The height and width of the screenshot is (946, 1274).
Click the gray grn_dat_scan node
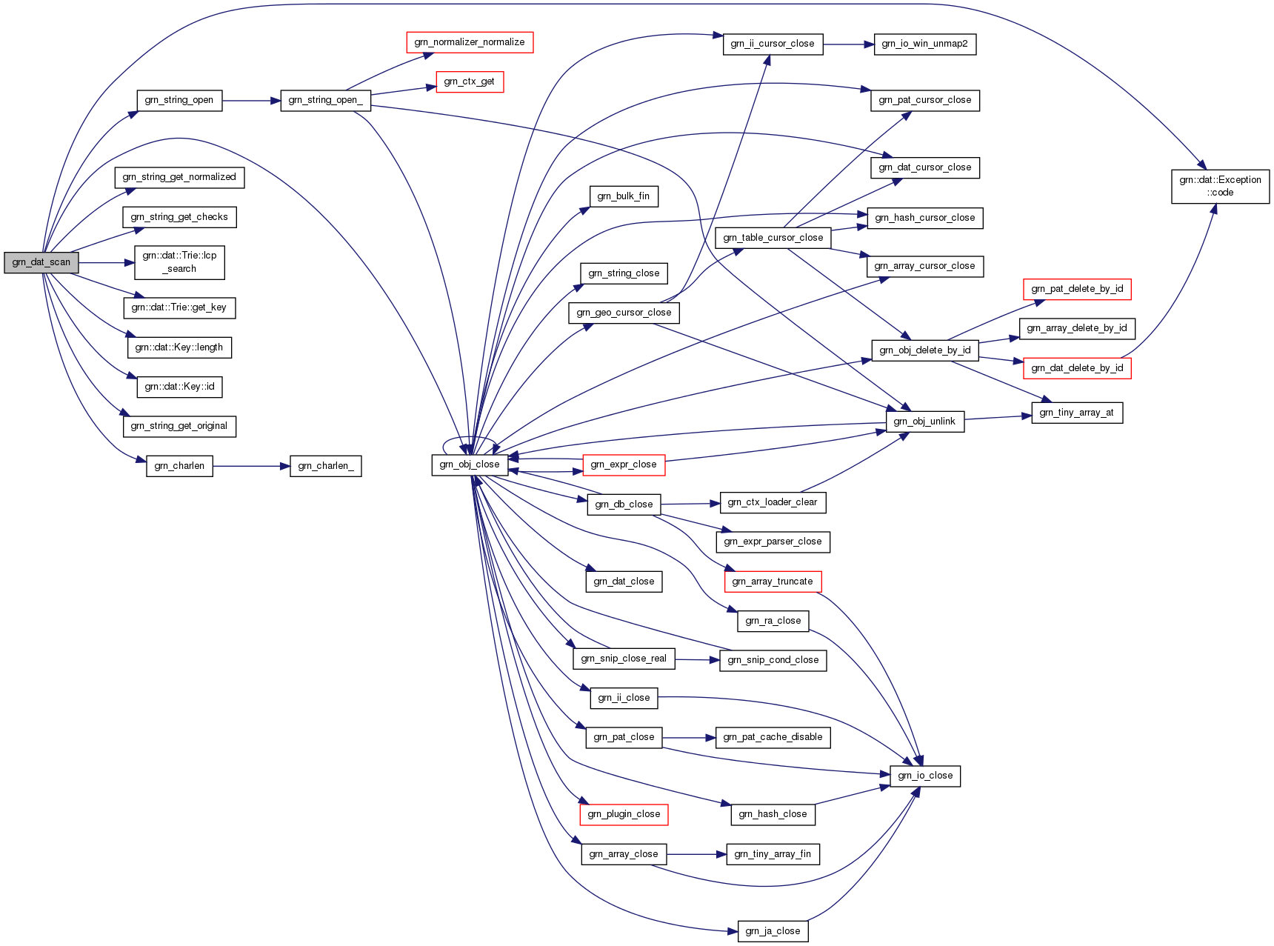(41, 262)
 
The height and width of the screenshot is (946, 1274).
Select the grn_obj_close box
(470, 464)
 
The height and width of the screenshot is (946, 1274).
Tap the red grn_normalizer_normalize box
(470, 42)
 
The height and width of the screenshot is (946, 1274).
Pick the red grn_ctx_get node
(470, 81)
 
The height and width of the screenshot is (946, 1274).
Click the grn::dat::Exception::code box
(1220, 186)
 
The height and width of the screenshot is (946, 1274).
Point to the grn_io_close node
(925, 776)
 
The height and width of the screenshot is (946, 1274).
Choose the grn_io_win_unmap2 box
(924, 44)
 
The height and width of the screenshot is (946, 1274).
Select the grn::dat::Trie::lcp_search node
(179, 262)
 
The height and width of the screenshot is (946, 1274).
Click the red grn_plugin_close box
(624, 814)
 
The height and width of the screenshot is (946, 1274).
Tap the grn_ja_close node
(773, 931)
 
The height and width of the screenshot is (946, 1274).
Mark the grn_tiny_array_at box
(1076, 413)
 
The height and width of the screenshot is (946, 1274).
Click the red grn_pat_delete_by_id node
(1077, 289)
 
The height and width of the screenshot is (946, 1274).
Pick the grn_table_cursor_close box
(773, 238)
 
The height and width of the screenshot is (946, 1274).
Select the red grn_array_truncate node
(773, 582)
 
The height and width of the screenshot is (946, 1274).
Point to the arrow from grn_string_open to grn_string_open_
(251, 100)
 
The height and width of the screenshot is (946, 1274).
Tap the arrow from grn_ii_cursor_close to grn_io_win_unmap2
(848, 44)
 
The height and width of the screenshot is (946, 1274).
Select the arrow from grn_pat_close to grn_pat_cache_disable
(689, 738)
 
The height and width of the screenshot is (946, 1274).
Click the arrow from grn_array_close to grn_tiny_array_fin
(696, 854)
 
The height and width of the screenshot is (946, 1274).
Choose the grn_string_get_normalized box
(179, 177)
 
